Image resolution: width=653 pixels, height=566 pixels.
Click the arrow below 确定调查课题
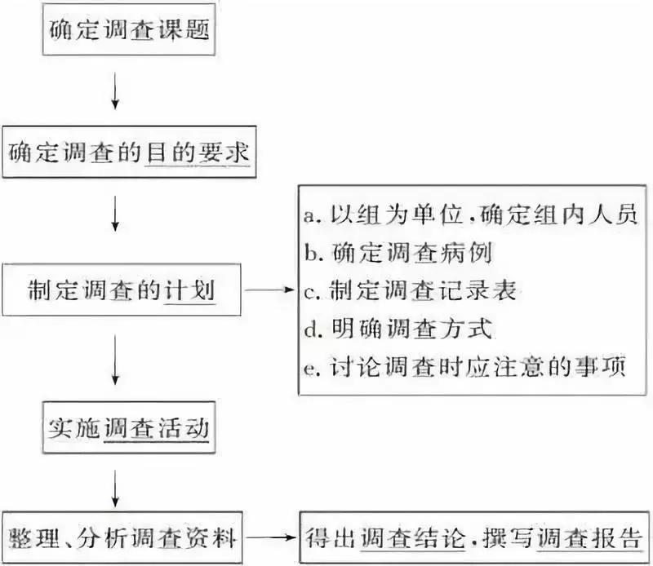[x=116, y=92]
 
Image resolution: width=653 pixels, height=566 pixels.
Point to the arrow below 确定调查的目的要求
[x=116, y=219]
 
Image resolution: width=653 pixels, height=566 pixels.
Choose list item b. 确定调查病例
[x=408, y=254]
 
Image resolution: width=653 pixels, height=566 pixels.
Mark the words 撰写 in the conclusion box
[x=510, y=537]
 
